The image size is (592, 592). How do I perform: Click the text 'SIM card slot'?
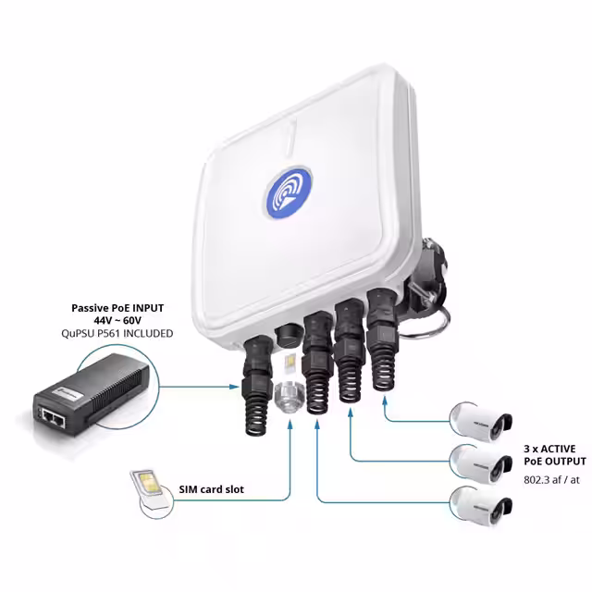210,489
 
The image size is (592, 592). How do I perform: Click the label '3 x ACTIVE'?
553,447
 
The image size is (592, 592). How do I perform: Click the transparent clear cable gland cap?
289,396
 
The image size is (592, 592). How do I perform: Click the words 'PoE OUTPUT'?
553,461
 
